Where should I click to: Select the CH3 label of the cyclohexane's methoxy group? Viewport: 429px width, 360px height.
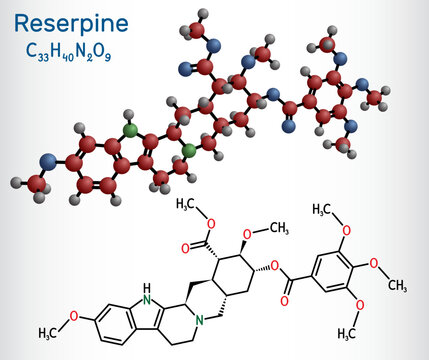pos(274,207)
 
